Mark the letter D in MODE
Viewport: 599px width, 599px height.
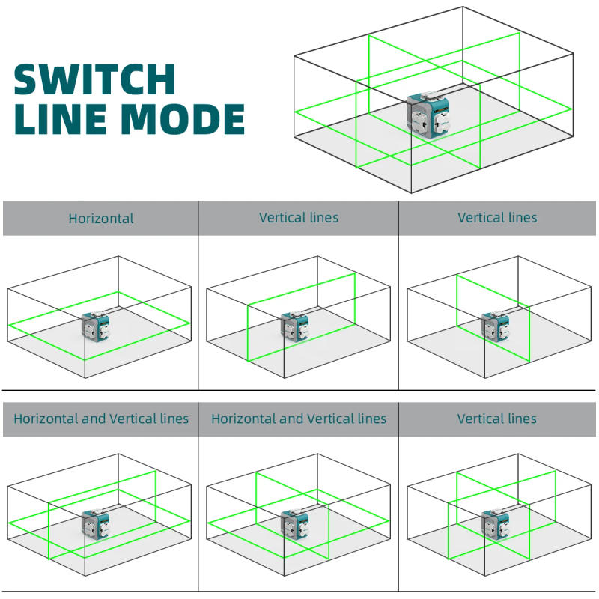[x=198, y=119]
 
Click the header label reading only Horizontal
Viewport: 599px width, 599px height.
[x=101, y=219]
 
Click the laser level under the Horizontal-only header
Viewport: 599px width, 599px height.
[x=95, y=328]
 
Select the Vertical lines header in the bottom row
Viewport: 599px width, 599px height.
[x=497, y=419]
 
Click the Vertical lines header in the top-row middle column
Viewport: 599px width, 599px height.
[x=299, y=218]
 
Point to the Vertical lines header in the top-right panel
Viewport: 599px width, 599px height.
[x=497, y=218]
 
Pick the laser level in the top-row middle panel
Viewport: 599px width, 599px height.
[x=294, y=327]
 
